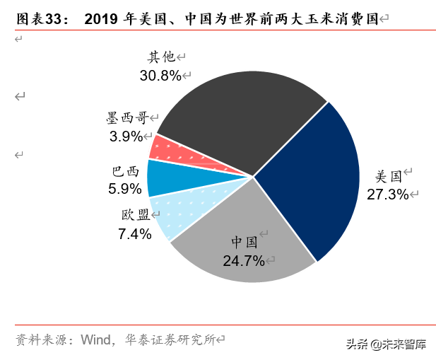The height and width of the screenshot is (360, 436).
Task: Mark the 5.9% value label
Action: pos(125,189)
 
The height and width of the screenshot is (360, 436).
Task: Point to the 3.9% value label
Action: pos(126,137)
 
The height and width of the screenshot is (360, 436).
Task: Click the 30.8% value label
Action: pos(160,75)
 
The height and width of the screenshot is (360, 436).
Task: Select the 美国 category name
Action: pos(388,176)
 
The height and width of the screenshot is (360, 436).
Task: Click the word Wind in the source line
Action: pos(95,339)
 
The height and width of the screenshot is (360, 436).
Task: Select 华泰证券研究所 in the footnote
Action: pos(168,339)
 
